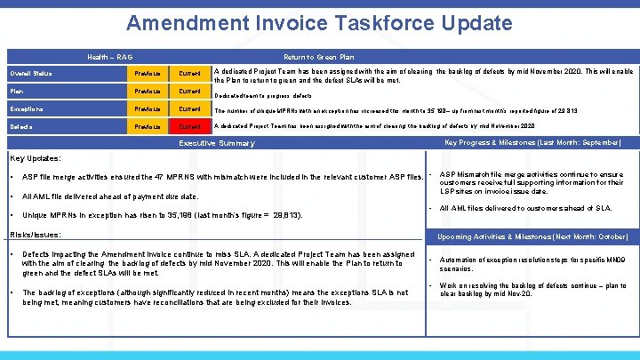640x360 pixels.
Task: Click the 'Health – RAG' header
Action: click(x=110, y=55)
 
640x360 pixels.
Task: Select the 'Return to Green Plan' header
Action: click(x=320, y=55)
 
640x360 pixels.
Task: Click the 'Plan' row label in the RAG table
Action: click(x=17, y=90)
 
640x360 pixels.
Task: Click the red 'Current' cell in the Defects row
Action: click(x=190, y=127)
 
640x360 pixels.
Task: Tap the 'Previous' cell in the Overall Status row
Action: click(x=148, y=73)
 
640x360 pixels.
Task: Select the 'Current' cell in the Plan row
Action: click(x=190, y=91)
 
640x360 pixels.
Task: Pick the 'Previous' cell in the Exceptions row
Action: click(x=148, y=108)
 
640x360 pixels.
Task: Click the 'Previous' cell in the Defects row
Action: click(x=148, y=127)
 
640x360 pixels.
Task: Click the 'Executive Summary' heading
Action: click(x=217, y=143)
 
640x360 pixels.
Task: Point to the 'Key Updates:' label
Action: click(x=35, y=159)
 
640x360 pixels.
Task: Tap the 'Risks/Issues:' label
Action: click(x=35, y=235)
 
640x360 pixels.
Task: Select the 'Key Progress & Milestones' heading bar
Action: click(x=532, y=142)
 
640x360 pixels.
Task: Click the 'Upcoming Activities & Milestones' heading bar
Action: click(x=532, y=237)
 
